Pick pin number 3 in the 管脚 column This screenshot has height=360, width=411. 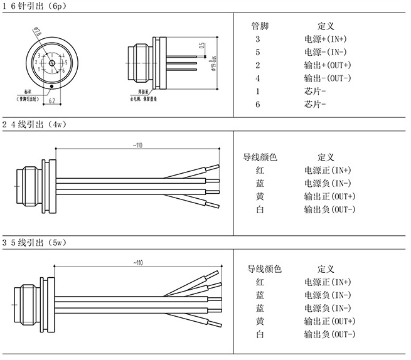258,39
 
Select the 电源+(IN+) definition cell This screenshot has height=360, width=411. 326,39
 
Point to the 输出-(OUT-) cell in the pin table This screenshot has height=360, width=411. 327,78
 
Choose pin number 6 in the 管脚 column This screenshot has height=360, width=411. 258,104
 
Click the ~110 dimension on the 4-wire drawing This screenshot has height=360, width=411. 137,146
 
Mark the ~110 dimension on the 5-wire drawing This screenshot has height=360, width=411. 137,262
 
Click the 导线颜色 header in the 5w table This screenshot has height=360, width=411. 264,269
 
